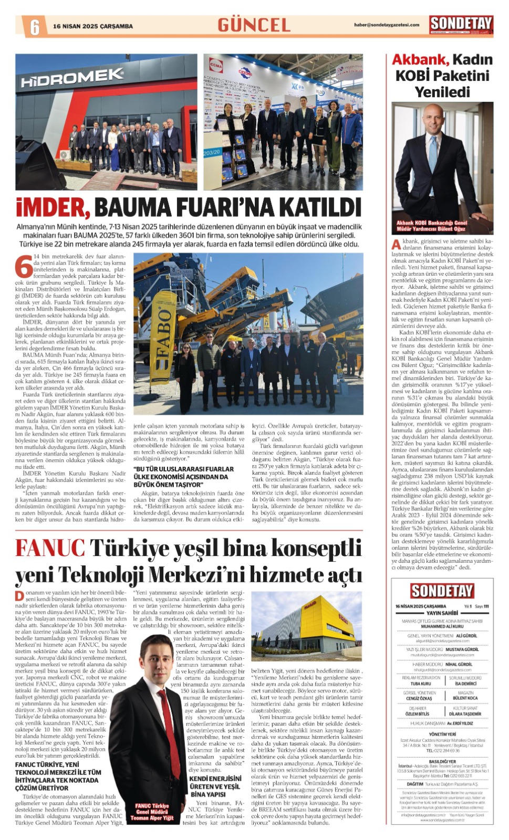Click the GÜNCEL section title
(254, 25)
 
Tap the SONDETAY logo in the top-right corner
(461, 24)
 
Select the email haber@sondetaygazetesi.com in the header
(386, 25)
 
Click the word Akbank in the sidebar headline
(420, 59)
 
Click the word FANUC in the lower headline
(50, 548)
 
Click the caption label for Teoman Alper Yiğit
(152, 812)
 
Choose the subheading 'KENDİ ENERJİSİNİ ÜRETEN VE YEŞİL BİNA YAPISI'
(215, 786)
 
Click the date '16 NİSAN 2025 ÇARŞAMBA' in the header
(93, 26)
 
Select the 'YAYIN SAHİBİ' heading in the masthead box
(442, 613)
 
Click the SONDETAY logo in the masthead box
(442, 591)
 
